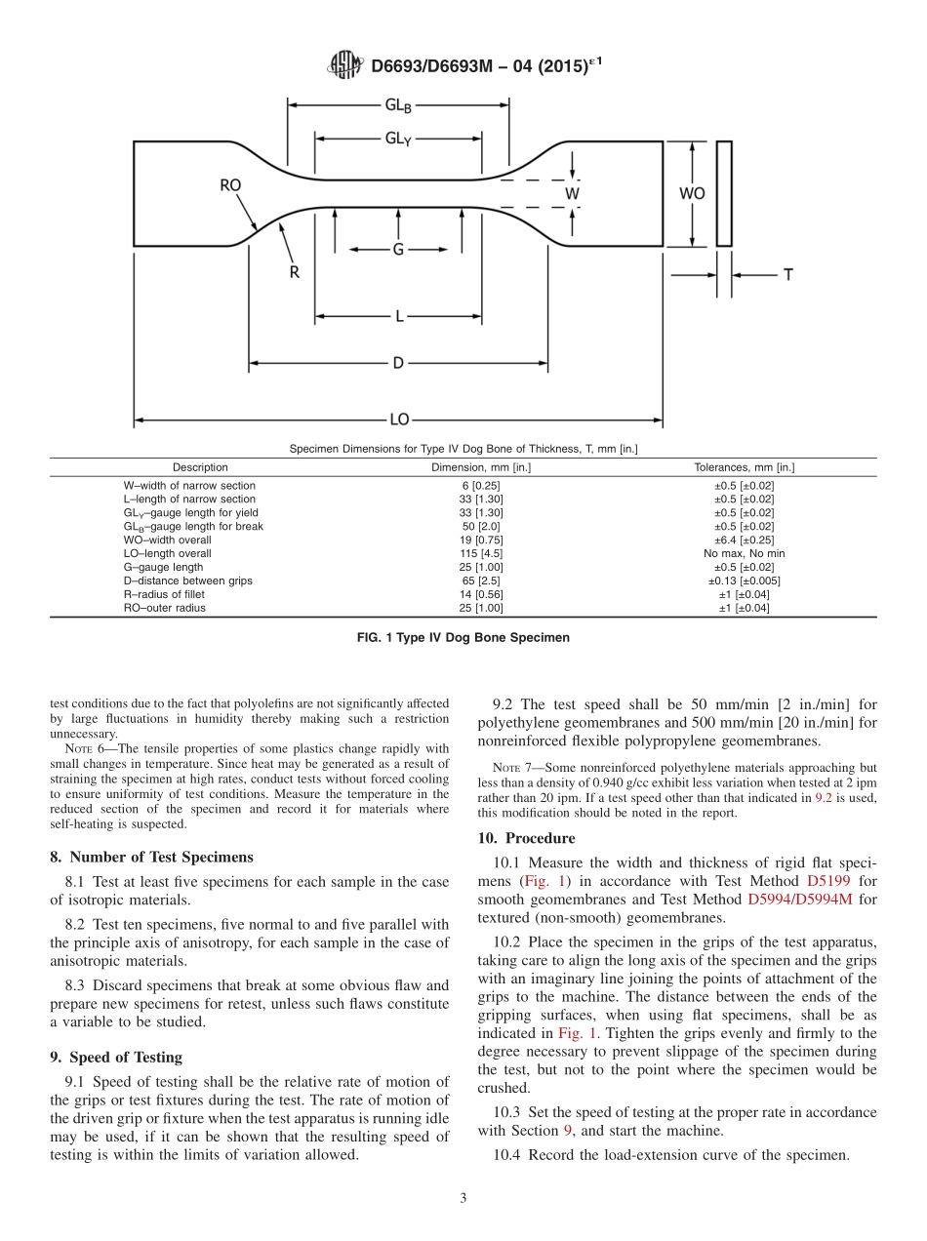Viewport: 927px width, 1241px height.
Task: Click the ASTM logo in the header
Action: pyautogui.click(x=345, y=65)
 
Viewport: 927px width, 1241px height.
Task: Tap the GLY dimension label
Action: pyautogui.click(x=397, y=139)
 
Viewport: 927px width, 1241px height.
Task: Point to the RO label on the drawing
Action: pyautogui.click(x=230, y=184)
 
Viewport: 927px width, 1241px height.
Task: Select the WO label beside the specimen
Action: pyautogui.click(x=692, y=193)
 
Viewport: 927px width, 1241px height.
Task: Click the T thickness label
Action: pyautogui.click(x=787, y=275)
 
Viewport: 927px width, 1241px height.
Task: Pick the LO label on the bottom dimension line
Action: pyautogui.click(x=398, y=420)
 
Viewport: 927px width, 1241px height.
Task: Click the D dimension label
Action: pyautogui.click(x=398, y=363)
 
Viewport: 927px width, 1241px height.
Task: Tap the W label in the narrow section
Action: pyautogui.click(x=573, y=193)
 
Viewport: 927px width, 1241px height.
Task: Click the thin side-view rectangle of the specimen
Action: pyautogui.click(x=724, y=193)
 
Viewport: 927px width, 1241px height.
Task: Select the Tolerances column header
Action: pyautogui.click(x=744, y=467)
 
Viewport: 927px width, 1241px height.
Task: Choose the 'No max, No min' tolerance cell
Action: pyautogui.click(x=744, y=553)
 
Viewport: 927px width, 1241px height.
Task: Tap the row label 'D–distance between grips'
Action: pyautogui.click(x=187, y=580)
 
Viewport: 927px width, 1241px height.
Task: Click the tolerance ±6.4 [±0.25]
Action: pyautogui.click(x=744, y=540)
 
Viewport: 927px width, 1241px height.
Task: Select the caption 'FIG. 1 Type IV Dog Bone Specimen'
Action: pyautogui.click(x=463, y=638)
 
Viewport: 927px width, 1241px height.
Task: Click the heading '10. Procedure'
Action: pyautogui.click(x=526, y=838)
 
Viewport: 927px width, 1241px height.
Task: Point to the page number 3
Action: pyautogui.click(x=463, y=1198)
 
